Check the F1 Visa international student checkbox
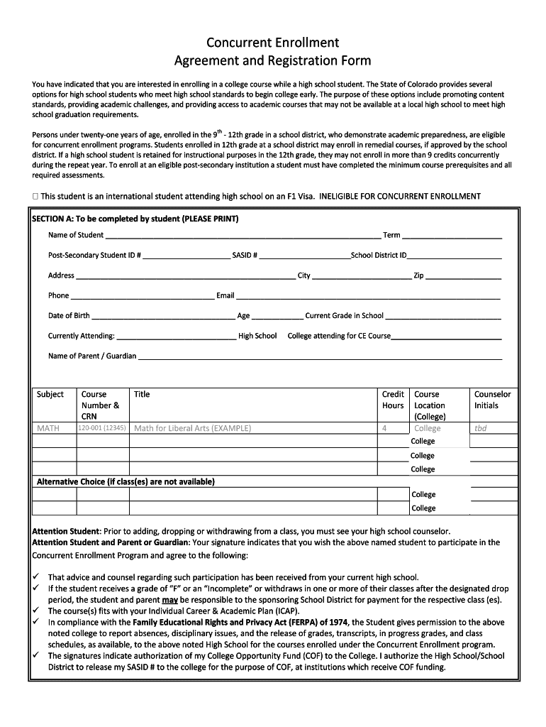[x=35, y=197]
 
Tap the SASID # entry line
[x=305, y=255]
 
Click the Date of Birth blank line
[x=163, y=315]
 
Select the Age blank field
[x=277, y=315]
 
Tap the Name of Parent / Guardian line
[x=319, y=356]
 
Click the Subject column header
[x=50, y=394]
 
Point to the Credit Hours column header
[x=393, y=400]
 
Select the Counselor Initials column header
[x=492, y=400]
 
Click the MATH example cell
[x=49, y=428]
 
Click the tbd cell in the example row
[x=481, y=428]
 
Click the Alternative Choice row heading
[x=126, y=482]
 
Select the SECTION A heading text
[x=135, y=219]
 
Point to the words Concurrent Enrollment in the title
[x=273, y=43]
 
